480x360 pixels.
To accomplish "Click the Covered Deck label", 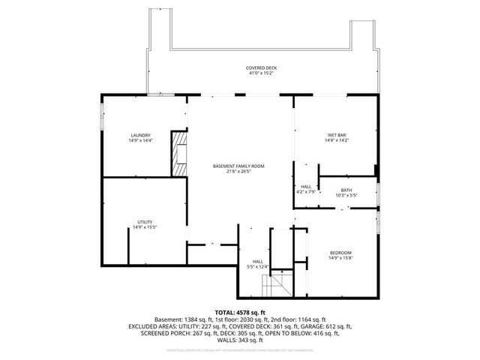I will tap(260, 68).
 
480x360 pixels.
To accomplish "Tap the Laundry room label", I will tap(140, 135).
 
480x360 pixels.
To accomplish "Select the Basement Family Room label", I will tap(238, 166).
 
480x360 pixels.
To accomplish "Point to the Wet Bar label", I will tap(336, 135).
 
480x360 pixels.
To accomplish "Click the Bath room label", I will tap(346, 190).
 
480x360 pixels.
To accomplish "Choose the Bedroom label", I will tap(340, 253).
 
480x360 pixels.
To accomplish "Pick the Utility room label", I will tap(144, 222).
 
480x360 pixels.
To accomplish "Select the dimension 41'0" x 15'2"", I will tap(260, 73).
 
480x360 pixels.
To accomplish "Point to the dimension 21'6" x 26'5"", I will tap(238, 171).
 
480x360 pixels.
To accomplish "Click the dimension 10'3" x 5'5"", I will tap(346, 196).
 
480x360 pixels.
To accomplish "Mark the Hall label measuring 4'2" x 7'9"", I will tap(307, 187).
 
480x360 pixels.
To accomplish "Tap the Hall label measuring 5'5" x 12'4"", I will tap(257, 261).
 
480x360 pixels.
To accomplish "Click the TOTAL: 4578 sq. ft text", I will tap(240, 312).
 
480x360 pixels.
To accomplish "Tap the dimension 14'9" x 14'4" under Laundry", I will tap(140, 140).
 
